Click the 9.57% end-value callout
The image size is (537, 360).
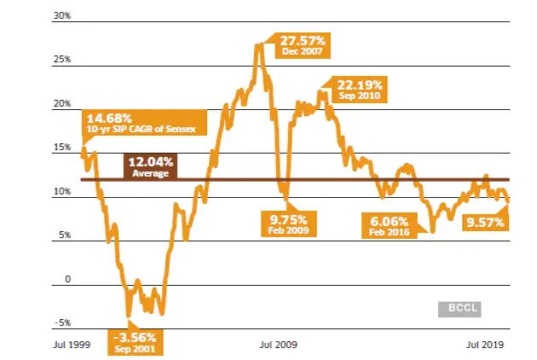tap(484, 223)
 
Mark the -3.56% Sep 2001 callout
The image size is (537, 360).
tap(136, 342)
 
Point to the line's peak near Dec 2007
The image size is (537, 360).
tap(257, 44)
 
